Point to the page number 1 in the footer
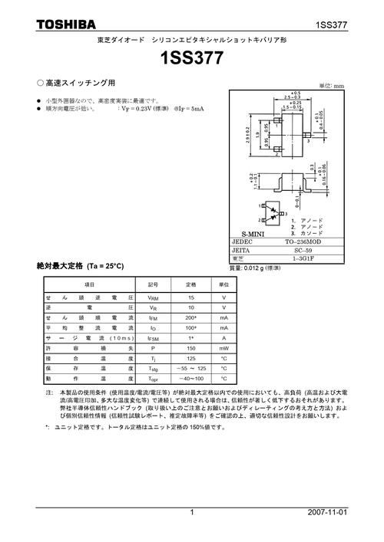tap(192, 512)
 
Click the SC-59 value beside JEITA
tap(309, 251)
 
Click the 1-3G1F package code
tap(309, 260)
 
